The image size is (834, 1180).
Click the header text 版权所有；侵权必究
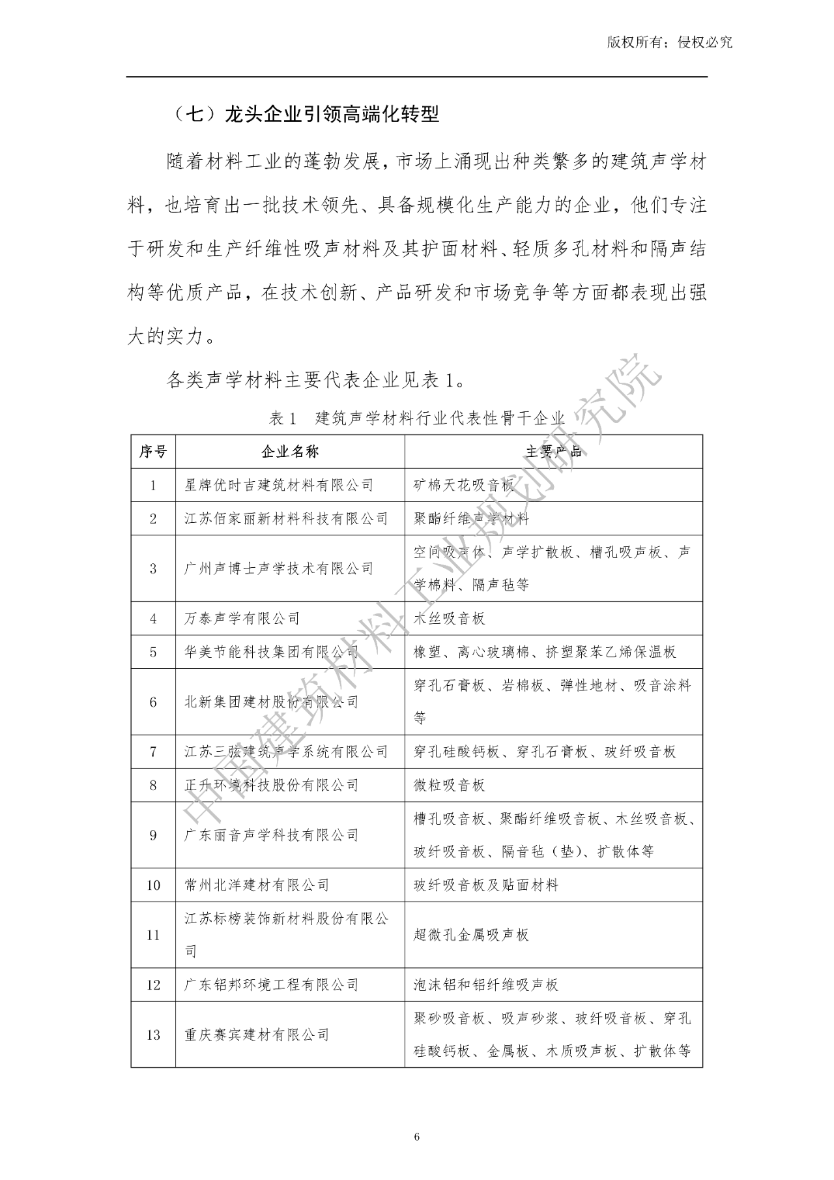(x=670, y=42)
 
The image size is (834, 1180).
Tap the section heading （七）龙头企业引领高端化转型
(x=306, y=115)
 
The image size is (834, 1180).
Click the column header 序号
(x=153, y=452)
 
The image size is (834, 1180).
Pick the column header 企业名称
(x=290, y=452)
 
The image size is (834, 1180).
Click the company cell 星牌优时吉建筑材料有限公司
(x=279, y=485)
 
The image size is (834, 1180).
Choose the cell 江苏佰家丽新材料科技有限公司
(x=286, y=519)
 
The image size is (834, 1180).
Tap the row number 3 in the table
(x=153, y=568)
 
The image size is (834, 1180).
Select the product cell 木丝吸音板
(x=450, y=618)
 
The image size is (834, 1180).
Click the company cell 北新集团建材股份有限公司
(x=271, y=702)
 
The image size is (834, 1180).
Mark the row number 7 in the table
(x=153, y=752)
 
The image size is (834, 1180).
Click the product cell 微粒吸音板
(x=450, y=785)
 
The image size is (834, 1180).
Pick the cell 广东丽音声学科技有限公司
(x=271, y=835)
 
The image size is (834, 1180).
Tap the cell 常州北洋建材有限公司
(x=257, y=885)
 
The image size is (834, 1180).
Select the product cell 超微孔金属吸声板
(x=471, y=935)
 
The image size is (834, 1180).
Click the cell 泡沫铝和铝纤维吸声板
(x=486, y=984)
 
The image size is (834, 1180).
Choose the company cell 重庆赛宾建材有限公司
(x=257, y=1035)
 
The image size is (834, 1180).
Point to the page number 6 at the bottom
(x=417, y=1138)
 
